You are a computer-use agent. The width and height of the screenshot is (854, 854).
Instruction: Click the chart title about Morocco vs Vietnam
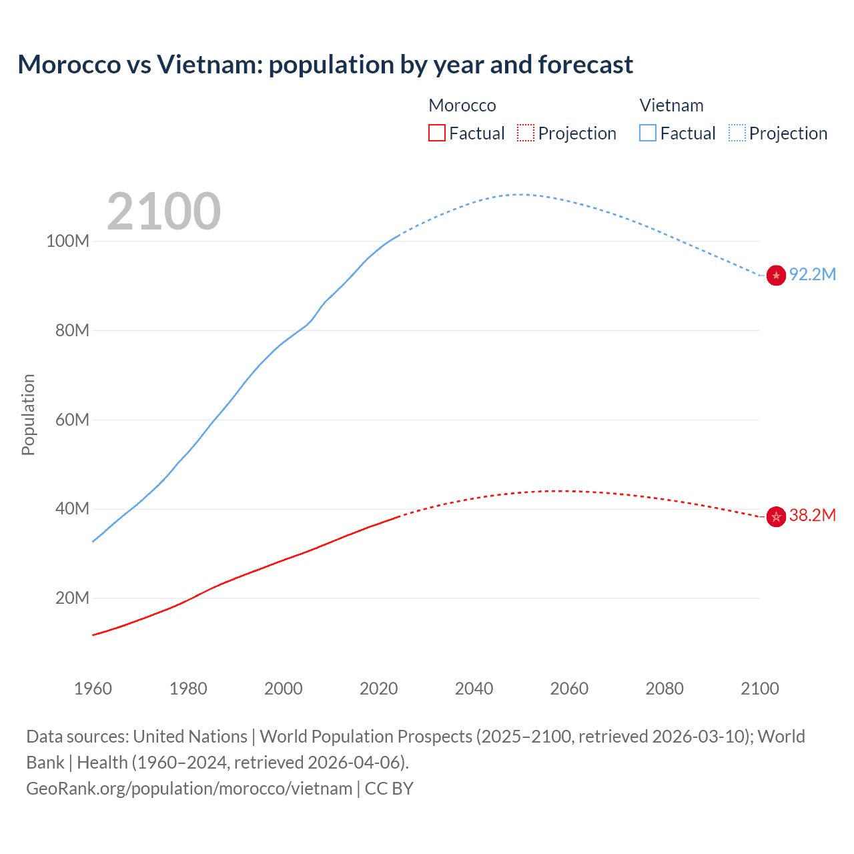click(x=325, y=65)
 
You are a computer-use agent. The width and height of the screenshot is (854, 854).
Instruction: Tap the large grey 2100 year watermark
click(x=163, y=211)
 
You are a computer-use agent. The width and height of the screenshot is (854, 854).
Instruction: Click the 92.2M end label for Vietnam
click(x=812, y=275)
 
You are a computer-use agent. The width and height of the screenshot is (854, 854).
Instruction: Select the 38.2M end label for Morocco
click(x=812, y=516)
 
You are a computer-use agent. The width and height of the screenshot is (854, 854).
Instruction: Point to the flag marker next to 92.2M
click(x=776, y=275)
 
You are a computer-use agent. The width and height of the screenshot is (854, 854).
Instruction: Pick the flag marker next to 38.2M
click(x=776, y=516)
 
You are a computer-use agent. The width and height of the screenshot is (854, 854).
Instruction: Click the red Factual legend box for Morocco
click(x=436, y=133)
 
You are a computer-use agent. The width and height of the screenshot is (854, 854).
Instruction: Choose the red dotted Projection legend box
click(x=526, y=133)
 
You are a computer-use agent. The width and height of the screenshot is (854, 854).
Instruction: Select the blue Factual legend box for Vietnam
click(x=648, y=133)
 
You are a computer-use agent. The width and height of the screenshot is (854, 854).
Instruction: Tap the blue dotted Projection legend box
click(x=737, y=133)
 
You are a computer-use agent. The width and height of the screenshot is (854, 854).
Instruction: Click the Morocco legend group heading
click(x=462, y=105)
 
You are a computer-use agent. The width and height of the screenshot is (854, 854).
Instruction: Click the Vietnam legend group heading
click(x=671, y=105)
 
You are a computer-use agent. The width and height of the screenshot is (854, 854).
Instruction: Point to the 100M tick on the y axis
click(x=67, y=242)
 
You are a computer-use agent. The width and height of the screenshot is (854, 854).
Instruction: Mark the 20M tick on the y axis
click(x=71, y=598)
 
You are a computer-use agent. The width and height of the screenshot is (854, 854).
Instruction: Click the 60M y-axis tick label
click(x=71, y=420)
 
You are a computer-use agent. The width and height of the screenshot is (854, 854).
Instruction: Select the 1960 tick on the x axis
click(x=93, y=689)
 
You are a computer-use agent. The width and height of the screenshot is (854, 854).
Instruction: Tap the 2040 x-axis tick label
click(x=474, y=689)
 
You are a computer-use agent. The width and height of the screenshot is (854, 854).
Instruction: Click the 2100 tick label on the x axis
click(x=759, y=689)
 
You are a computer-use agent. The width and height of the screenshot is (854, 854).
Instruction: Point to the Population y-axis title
click(x=28, y=414)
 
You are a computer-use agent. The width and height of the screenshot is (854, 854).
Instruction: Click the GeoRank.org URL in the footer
click(x=189, y=789)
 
